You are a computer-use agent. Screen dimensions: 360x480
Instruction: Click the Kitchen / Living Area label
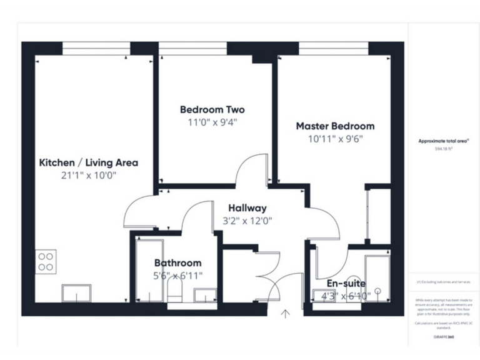(89, 162)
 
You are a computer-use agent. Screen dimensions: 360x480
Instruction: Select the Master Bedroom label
(335, 126)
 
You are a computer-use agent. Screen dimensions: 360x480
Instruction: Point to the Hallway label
(247, 208)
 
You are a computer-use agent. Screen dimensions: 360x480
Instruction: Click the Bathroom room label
(178, 263)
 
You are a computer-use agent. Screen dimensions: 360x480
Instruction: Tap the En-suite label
(346, 283)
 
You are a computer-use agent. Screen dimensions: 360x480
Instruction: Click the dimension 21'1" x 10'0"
(89, 176)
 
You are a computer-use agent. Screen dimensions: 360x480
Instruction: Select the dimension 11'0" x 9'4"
(212, 122)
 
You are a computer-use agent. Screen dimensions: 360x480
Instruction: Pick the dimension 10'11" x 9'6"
(335, 139)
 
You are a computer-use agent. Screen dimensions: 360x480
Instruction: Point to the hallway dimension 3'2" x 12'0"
(247, 221)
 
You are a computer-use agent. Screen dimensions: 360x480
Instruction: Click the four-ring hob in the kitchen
(46, 261)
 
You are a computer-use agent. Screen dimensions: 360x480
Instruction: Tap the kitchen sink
(76, 293)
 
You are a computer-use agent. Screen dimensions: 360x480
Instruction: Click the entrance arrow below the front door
(286, 314)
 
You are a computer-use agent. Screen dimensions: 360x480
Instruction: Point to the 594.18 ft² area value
(443, 149)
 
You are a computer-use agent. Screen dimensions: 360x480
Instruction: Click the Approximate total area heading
(443, 141)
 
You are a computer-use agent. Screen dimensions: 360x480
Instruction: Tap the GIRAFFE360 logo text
(443, 337)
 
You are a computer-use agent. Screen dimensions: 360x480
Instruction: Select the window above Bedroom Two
(192, 48)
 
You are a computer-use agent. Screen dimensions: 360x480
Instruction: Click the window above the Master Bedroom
(333, 48)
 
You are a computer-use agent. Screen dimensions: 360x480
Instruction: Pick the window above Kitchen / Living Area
(96, 48)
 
